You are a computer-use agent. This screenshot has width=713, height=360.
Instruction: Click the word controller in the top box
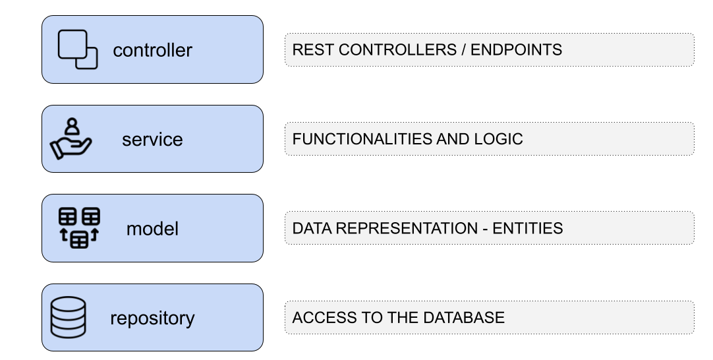pyautogui.click(x=152, y=50)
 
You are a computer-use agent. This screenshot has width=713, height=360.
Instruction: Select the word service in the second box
pyautogui.click(x=152, y=140)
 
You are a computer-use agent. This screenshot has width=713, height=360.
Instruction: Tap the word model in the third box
pyautogui.click(x=152, y=229)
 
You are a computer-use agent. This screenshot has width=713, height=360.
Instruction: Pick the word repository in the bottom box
pyautogui.click(x=152, y=318)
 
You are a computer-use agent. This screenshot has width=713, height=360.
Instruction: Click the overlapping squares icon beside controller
pyautogui.click(x=78, y=50)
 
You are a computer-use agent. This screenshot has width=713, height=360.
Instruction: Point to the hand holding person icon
pyautogui.click(x=71, y=139)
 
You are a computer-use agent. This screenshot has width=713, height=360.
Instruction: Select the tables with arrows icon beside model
pyautogui.click(x=78, y=228)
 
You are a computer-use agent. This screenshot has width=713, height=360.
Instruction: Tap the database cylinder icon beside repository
pyautogui.click(x=69, y=318)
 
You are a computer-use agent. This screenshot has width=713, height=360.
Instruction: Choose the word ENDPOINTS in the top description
pyautogui.click(x=516, y=50)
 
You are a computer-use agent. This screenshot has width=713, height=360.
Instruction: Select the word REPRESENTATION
pyautogui.click(x=405, y=229)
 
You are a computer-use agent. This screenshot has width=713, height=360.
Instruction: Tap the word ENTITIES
pyautogui.click(x=527, y=229)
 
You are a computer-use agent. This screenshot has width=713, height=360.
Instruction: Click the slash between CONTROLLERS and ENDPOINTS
pyautogui.click(x=464, y=50)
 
